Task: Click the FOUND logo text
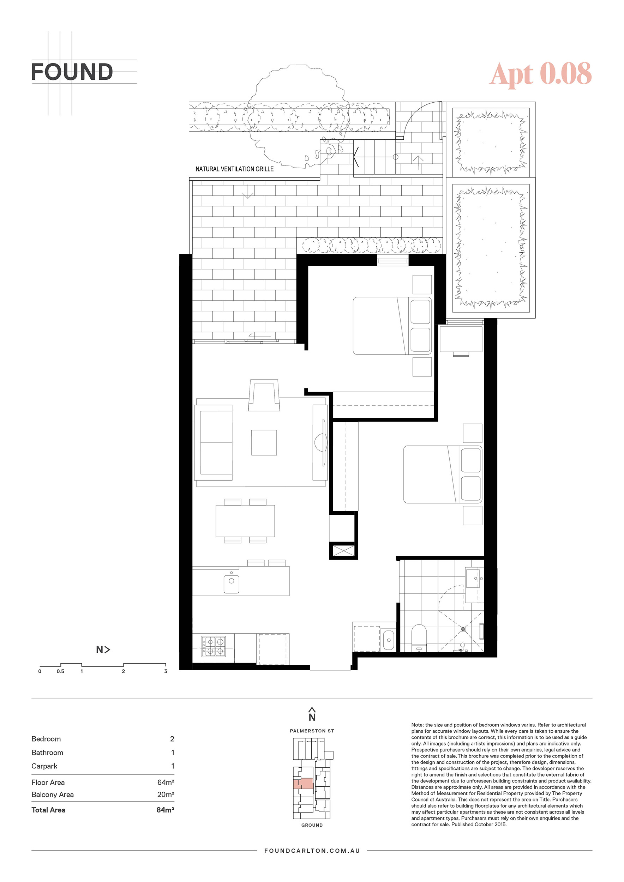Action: pyautogui.click(x=72, y=72)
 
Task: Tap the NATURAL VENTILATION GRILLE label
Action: pyautogui.click(x=234, y=169)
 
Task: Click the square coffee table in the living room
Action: pyautogui.click(x=264, y=442)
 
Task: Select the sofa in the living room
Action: pyautogui.click(x=214, y=442)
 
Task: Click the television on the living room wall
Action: pyautogui.click(x=324, y=442)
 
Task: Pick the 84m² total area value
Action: pyautogui.click(x=165, y=810)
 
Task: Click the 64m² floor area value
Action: pyautogui.click(x=166, y=782)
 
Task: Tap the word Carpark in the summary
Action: pyautogui.click(x=44, y=766)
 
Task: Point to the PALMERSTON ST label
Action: pyautogui.click(x=312, y=731)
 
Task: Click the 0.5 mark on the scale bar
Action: pyautogui.click(x=60, y=671)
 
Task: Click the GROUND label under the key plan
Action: pyautogui.click(x=312, y=825)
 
